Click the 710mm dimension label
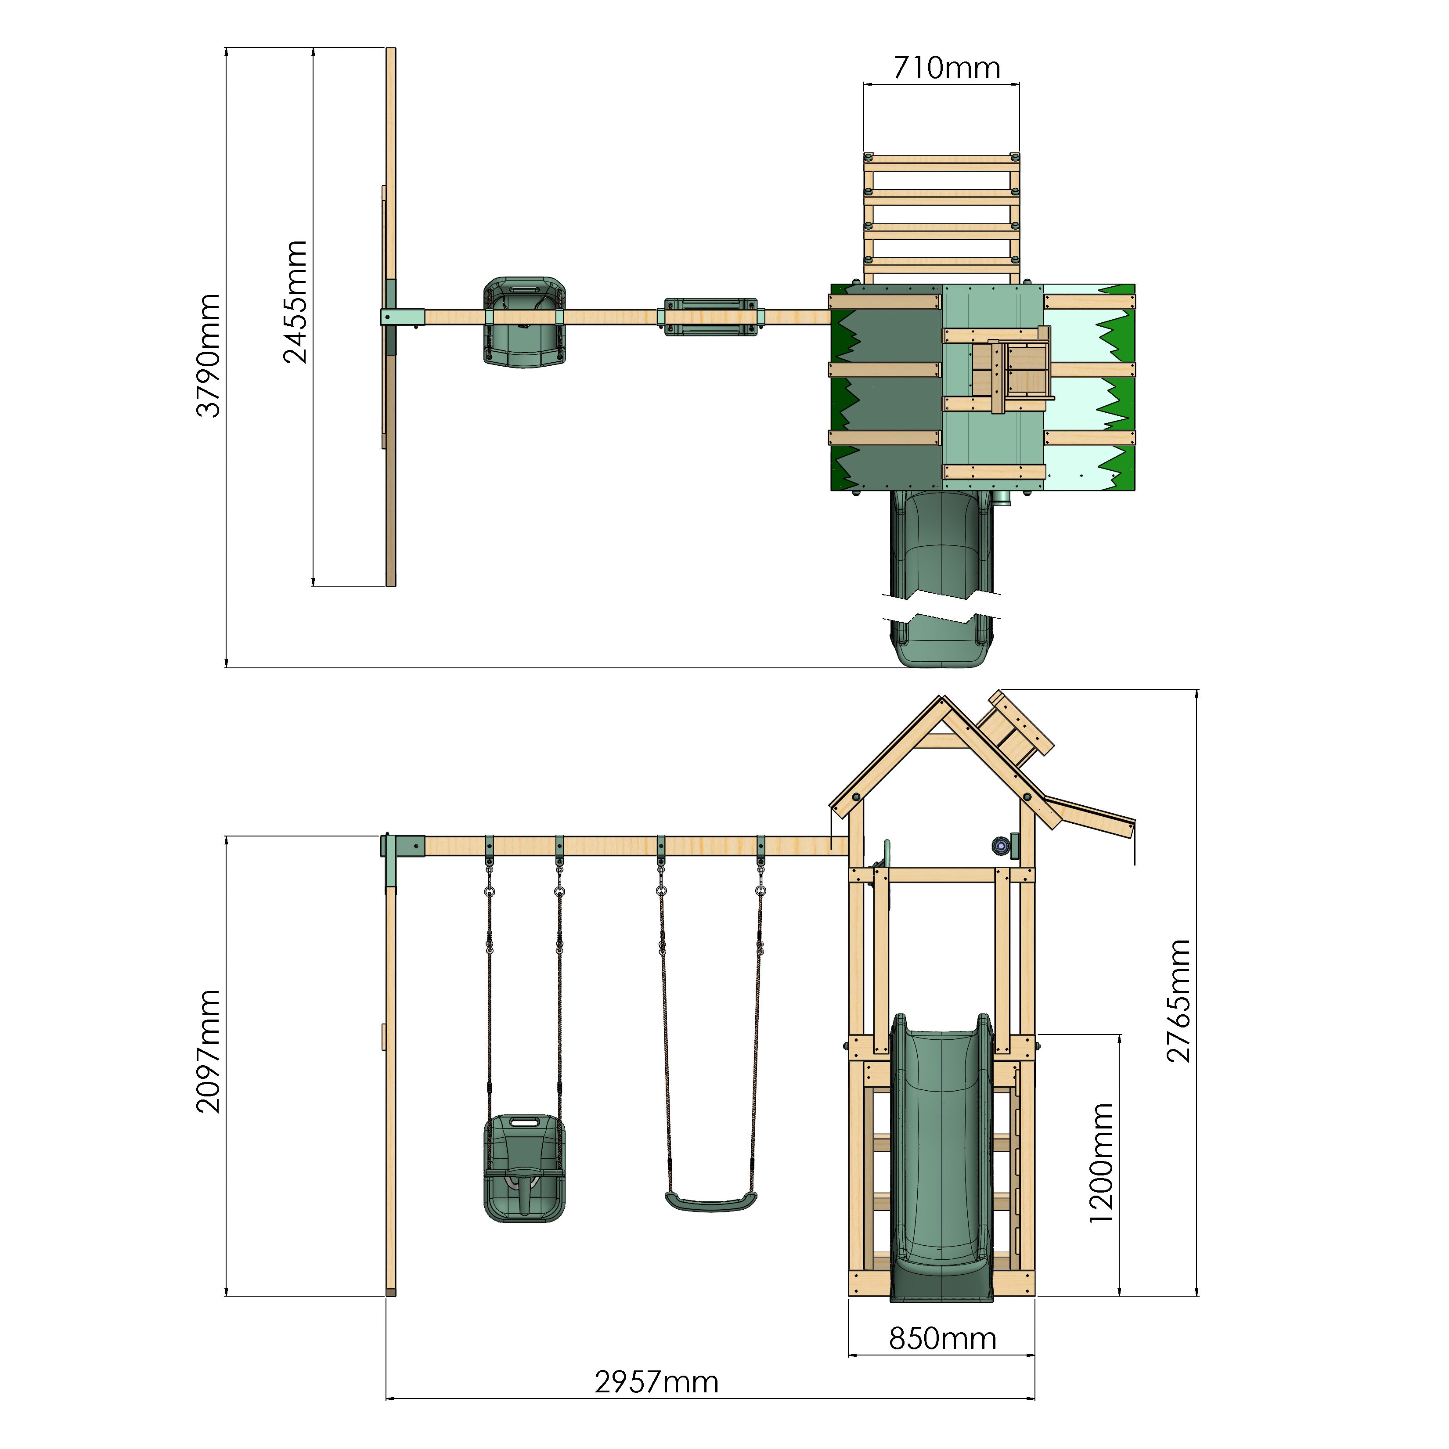pos(947,68)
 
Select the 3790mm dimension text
pos(209,356)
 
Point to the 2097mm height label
pos(209,1052)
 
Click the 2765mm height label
pos(1178,1001)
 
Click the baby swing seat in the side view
pos(523,1167)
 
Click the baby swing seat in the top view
pos(523,322)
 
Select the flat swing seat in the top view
pos(710,317)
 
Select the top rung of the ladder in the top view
pos(941,161)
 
